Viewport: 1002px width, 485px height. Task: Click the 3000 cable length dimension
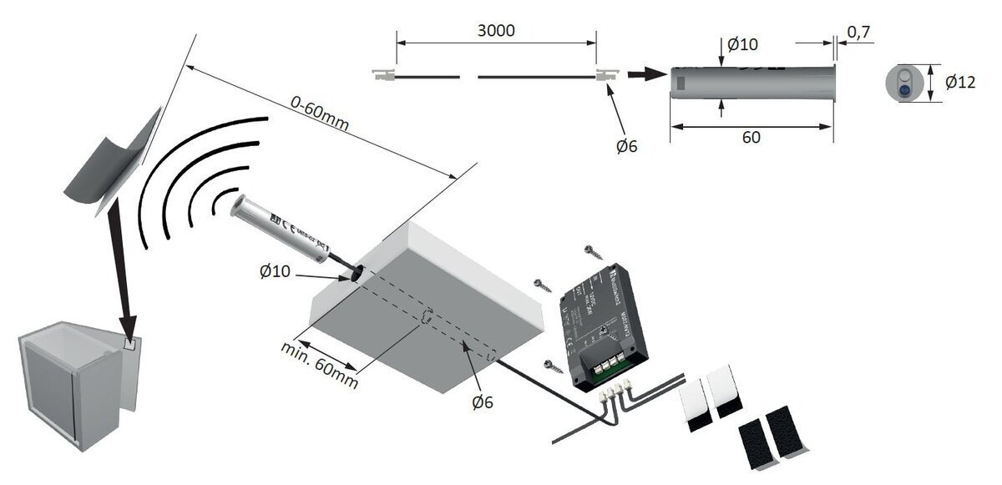(x=496, y=30)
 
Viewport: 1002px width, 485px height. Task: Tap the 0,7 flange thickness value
(x=860, y=32)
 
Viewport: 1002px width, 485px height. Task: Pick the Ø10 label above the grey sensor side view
(x=742, y=43)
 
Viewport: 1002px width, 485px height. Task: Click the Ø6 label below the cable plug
(x=626, y=146)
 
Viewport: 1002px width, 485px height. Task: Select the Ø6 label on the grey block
(x=483, y=402)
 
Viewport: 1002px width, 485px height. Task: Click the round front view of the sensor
(x=903, y=83)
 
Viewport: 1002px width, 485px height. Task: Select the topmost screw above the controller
(x=592, y=250)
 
